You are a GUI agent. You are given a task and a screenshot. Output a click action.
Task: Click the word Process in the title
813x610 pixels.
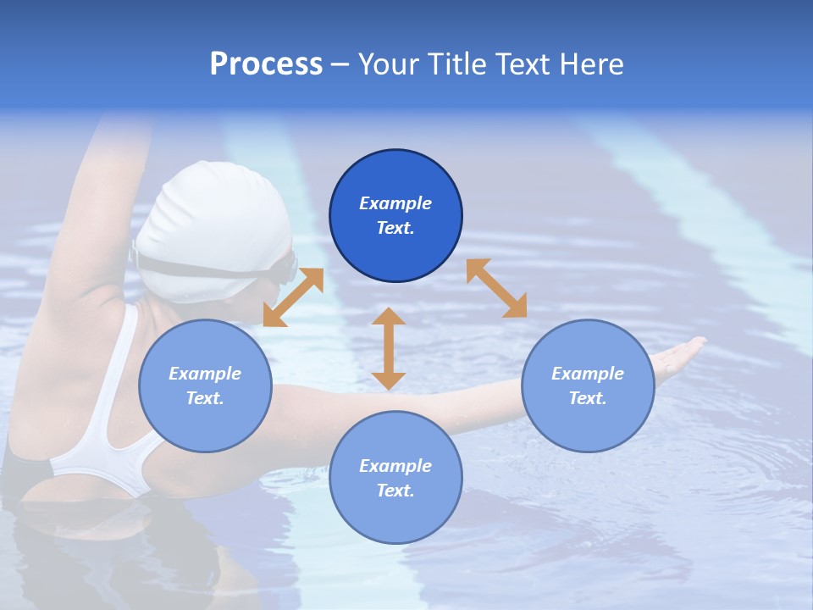[x=266, y=64]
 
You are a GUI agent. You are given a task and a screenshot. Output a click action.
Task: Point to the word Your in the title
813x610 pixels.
[x=390, y=64]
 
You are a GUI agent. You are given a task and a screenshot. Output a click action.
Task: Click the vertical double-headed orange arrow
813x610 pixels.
[x=389, y=348]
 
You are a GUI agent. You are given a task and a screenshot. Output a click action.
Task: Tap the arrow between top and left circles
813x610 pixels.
[x=293, y=297]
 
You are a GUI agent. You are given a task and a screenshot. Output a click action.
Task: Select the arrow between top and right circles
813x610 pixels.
[x=496, y=288]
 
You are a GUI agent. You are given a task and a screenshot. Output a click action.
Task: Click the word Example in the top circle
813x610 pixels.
[x=395, y=203]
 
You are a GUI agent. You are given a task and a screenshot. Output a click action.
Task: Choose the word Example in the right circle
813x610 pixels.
[x=588, y=374]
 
